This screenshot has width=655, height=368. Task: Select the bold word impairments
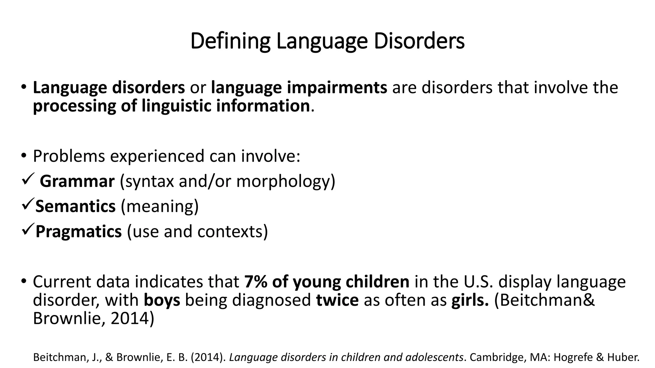[299, 88]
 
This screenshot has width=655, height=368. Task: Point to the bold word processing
[74, 106]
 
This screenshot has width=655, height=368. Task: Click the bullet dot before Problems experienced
[24, 156]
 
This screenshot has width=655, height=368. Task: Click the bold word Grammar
[77, 181]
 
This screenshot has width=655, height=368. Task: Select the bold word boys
[162, 300]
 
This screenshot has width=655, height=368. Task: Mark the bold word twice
[337, 300]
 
